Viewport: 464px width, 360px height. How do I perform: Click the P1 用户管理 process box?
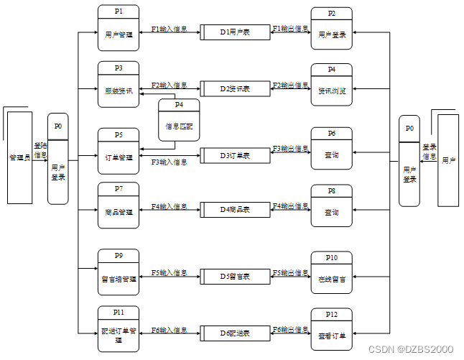click(x=119, y=28)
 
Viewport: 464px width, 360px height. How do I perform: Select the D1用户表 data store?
click(x=234, y=32)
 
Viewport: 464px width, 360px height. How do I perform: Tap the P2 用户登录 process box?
click(x=332, y=29)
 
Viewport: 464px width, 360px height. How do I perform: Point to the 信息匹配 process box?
click(x=179, y=120)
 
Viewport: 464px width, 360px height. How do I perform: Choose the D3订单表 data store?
click(x=234, y=155)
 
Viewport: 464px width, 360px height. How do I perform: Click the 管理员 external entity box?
click(x=19, y=157)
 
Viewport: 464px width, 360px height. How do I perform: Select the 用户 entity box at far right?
click(x=448, y=160)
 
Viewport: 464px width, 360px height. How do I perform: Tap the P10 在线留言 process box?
click(x=332, y=273)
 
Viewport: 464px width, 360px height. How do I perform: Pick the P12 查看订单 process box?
click(x=332, y=330)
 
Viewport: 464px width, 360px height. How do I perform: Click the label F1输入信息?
click(x=170, y=29)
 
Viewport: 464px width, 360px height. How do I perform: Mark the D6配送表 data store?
click(x=234, y=333)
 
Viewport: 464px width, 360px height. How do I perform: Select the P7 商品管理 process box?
click(x=119, y=207)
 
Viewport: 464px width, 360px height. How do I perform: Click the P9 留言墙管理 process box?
click(x=119, y=273)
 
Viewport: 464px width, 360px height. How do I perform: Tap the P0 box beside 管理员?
click(x=58, y=158)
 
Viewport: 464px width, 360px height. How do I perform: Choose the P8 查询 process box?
click(x=332, y=207)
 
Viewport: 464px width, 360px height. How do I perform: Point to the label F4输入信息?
click(x=170, y=207)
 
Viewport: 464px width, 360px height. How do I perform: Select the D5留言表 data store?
click(x=234, y=277)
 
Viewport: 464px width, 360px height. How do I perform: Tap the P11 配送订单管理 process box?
click(x=119, y=330)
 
